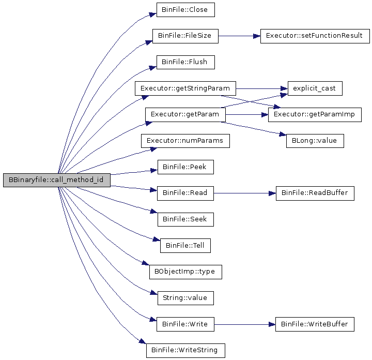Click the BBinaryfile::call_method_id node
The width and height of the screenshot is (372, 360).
[x=57, y=180]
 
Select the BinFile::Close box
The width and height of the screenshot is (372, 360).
[x=185, y=10]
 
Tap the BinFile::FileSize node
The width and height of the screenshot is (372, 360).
[x=185, y=36]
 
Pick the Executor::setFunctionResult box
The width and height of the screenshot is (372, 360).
[x=315, y=36]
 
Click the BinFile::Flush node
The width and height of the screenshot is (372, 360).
[x=185, y=62]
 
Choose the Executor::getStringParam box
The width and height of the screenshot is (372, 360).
[x=185, y=88]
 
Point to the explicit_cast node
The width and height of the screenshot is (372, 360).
[x=315, y=88]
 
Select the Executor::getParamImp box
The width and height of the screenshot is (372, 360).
[x=315, y=115]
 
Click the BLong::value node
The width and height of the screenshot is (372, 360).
[x=315, y=141]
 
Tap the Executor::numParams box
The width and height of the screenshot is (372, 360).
[x=185, y=141]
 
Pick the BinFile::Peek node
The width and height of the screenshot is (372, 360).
[x=185, y=167]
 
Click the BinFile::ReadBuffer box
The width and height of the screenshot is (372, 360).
[x=315, y=193]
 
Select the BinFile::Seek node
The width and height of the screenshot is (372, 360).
[x=185, y=219]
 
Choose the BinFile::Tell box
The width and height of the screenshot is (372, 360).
[x=185, y=246]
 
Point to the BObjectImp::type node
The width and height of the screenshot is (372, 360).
[x=185, y=272]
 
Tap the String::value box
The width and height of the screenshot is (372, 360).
[x=185, y=298]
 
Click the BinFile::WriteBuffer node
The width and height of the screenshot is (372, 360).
[x=315, y=324]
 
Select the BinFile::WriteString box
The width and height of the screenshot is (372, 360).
[x=185, y=351]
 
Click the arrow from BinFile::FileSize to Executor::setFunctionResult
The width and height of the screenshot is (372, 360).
[x=239, y=36]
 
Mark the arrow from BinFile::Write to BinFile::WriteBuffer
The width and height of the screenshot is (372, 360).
[x=244, y=324]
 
